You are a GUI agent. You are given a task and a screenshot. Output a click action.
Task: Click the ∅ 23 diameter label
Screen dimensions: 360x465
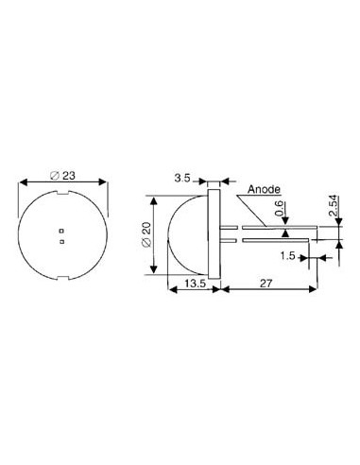(62, 176)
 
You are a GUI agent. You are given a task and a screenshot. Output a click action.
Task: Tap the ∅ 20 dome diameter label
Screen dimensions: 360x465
(147, 235)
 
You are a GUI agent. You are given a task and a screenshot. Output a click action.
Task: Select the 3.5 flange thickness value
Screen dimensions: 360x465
(182, 178)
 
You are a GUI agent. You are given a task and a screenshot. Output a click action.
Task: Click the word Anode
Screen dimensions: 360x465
(264, 189)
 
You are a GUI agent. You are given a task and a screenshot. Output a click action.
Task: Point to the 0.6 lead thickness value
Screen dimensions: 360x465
(280, 209)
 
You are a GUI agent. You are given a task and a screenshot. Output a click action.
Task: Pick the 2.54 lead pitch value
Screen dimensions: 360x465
(334, 206)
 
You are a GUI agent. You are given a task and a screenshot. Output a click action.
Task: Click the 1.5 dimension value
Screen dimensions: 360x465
(287, 256)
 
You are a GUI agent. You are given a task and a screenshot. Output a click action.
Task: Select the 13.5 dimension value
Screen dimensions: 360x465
(195, 284)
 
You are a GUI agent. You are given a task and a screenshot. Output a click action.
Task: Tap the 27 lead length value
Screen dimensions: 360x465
(266, 284)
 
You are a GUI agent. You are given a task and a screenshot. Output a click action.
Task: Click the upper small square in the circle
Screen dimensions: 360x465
(62, 231)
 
